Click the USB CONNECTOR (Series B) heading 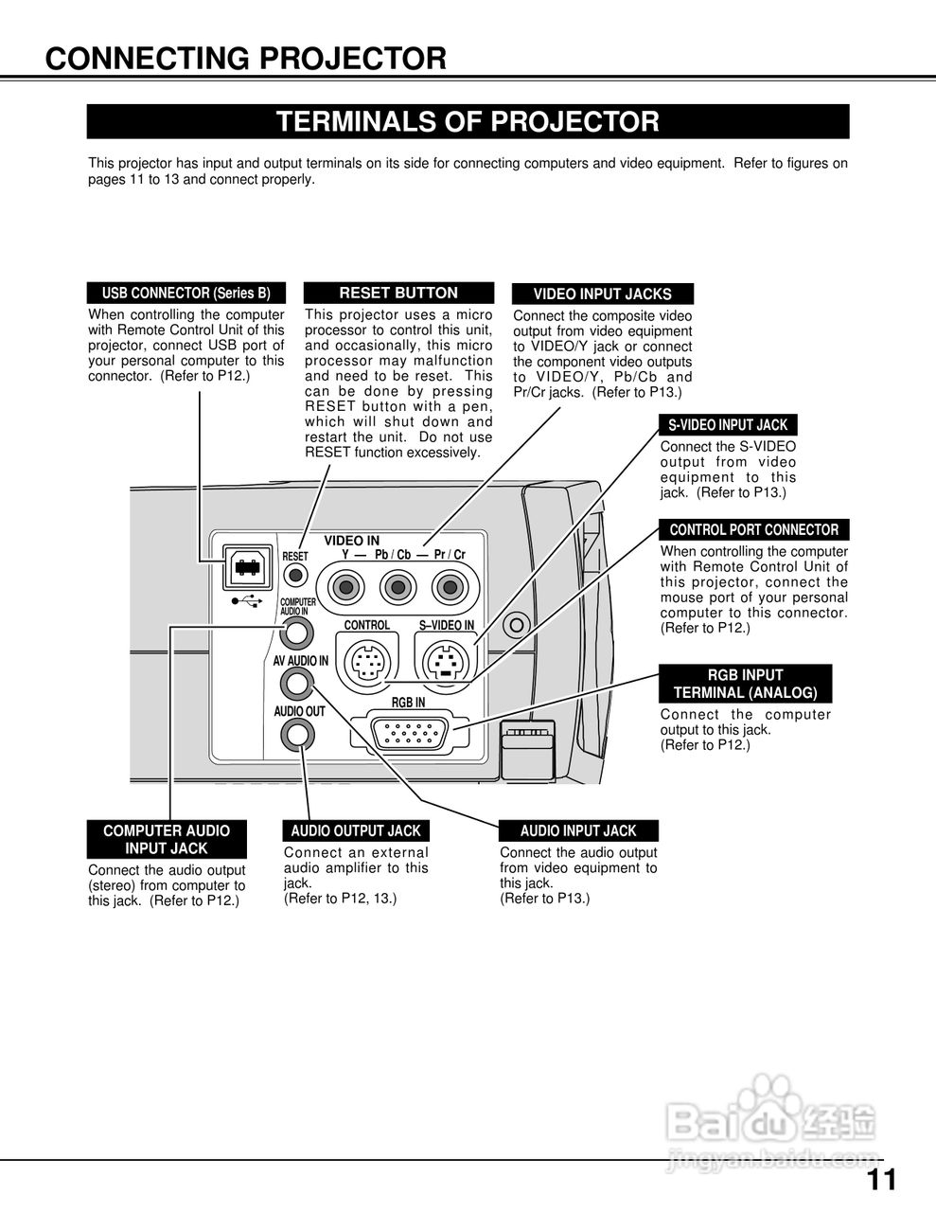tap(185, 293)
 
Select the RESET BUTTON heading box tap(398, 293)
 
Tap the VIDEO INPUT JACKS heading tap(603, 294)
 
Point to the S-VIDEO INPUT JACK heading tap(728, 425)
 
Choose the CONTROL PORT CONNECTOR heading tap(754, 529)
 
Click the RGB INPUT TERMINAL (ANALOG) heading tap(745, 684)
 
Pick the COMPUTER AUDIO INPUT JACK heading tap(166, 839)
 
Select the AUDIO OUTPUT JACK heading tap(356, 830)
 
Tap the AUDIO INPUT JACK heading tap(578, 830)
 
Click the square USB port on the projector tap(248, 568)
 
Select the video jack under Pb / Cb tap(394, 588)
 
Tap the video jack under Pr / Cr tap(448, 588)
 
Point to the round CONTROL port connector tap(366, 659)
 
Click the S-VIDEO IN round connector tap(444, 659)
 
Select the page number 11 tap(880, 1180)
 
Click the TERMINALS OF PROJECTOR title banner tap(468, 122)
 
